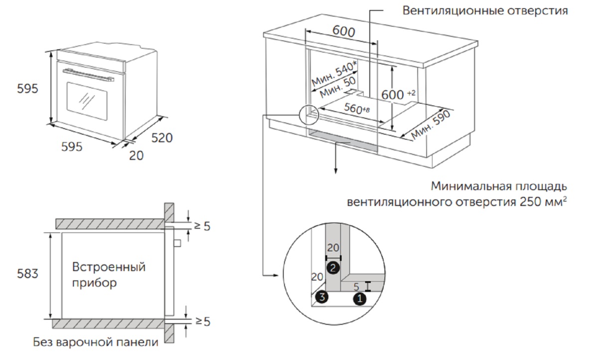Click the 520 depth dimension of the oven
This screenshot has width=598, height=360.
point(162,138)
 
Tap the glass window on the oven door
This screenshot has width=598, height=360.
point(87,98)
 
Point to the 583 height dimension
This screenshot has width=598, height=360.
point(28,274)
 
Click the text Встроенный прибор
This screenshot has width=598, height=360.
point(109,275)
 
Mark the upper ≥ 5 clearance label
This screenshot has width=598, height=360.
point(202,226)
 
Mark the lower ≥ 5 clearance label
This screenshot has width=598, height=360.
point(202,322)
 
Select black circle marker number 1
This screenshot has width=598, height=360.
point(358,299)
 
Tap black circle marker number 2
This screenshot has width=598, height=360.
point(333,268)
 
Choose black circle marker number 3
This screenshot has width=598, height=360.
point(322,298)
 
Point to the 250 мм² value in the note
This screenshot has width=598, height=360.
point(544,202)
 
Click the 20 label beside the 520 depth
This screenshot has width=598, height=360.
point(136,156)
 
